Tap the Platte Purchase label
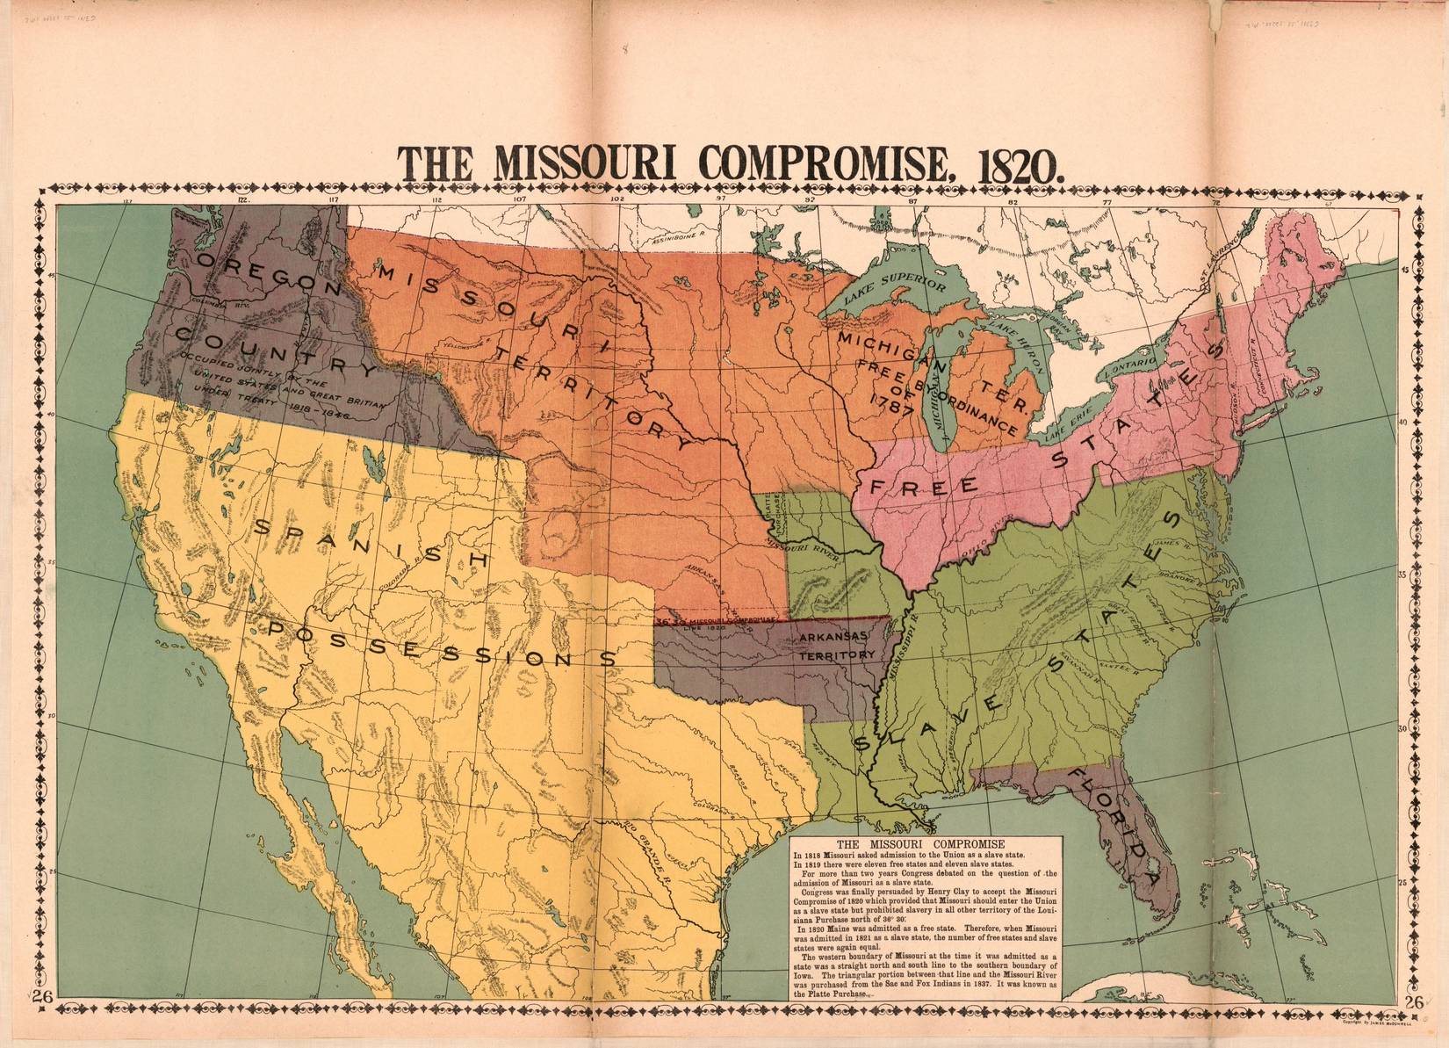(766, 514)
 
